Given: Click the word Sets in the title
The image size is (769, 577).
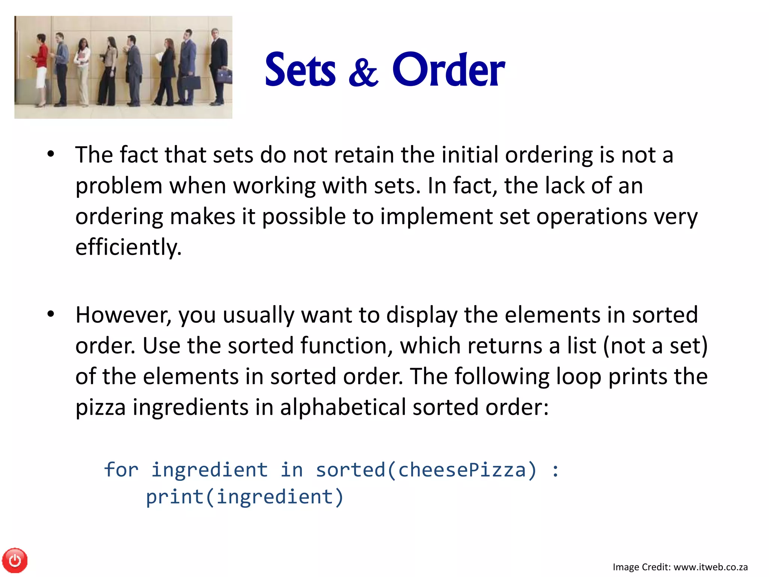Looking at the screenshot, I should tap(300, 70).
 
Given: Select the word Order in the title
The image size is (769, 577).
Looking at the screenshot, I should tap(448, 70).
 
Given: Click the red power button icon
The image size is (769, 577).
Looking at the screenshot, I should tap(15, 560).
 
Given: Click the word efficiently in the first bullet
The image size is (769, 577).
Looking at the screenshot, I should tap(128, 247).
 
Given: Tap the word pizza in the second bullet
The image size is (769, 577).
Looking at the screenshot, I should tap(100, 407).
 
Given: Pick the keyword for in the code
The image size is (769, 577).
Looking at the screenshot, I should tap(121, 470).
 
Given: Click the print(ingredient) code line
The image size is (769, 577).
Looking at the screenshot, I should tap(244, 497).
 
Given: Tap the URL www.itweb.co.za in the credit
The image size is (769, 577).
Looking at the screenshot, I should tap(711, 567).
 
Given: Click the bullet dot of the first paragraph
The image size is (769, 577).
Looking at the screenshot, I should tap(51, 154).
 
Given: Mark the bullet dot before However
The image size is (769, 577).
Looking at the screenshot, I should tap(51, 314).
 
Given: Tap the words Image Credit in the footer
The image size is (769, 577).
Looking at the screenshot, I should tap(641, 567).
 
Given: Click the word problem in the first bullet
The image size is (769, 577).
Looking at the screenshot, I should tap(119, 186).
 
